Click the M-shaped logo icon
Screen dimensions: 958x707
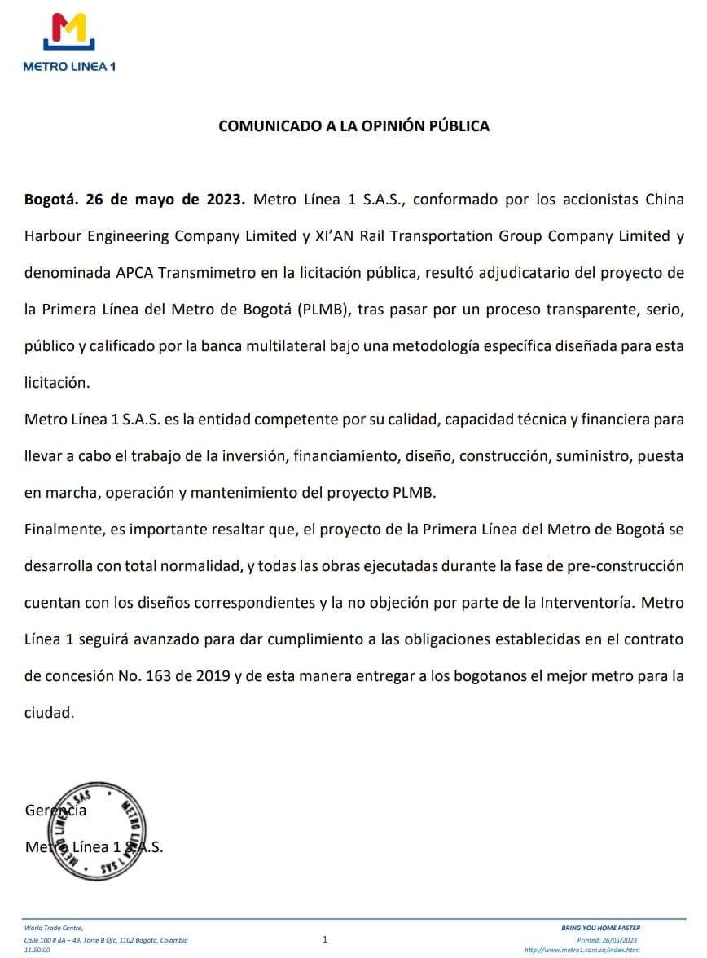click(x=68, y=33)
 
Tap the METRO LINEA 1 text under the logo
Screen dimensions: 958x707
click(x=69, y=66)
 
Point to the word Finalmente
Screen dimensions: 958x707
click(x=62, y=530)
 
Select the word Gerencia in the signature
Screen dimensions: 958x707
click(x=55, y=811)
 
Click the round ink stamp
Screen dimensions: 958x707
click(x=98, y=831)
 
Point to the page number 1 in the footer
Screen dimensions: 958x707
click(x=325, y=939)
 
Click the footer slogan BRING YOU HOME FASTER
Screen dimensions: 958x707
click(x=601, y=928)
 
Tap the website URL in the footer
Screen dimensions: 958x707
click(x=582, y=950)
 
